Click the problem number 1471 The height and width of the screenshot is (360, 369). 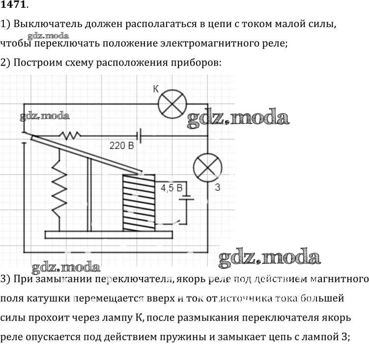pos(14,6)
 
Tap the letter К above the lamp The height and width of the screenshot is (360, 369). pos(156,90)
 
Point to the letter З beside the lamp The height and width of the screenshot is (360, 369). pos(217,188)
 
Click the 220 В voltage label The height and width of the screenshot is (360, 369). pos(122,146)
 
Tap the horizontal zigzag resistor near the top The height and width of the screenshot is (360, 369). pos(69,134)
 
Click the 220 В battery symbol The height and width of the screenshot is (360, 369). pos(141,134)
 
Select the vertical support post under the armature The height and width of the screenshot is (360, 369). pos(89,194)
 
